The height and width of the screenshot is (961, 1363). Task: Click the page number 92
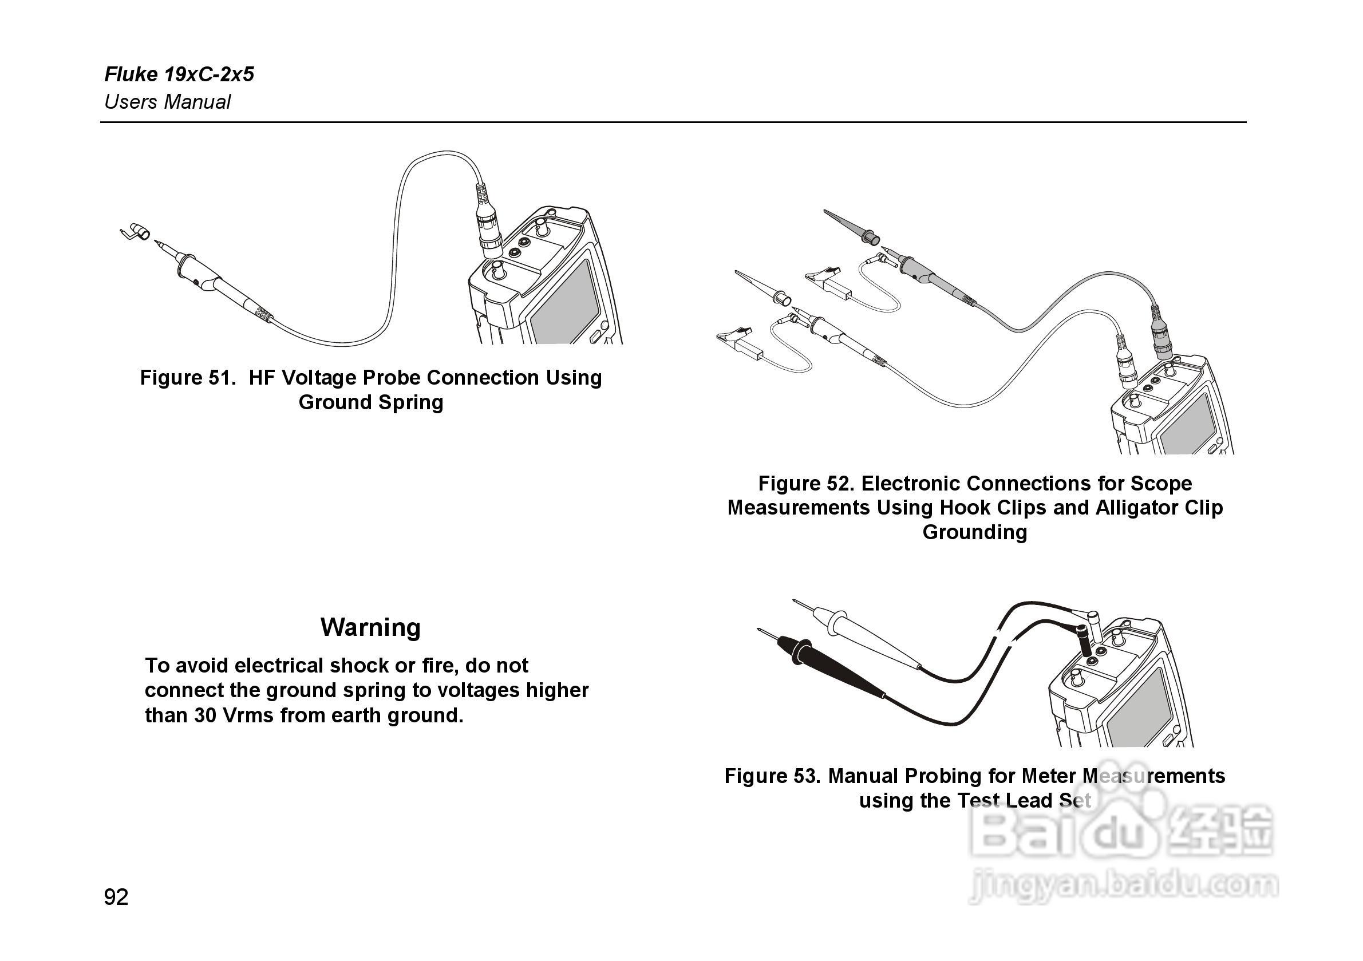tap(116, 897)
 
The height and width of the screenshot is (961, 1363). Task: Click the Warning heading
tap(370, 627)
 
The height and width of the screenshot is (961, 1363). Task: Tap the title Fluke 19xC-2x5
tap(179, 74)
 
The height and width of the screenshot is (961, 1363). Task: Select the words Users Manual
tap(167, 102)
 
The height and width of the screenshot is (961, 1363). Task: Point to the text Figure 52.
tap(805, 483)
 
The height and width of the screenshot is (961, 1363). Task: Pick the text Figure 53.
tap(772, 776)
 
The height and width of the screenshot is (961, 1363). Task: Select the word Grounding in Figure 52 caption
tap(974, 532)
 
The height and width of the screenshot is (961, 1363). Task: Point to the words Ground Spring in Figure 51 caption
tap(370, 402)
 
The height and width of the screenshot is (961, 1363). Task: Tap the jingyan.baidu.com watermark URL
tap(1122, 886)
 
